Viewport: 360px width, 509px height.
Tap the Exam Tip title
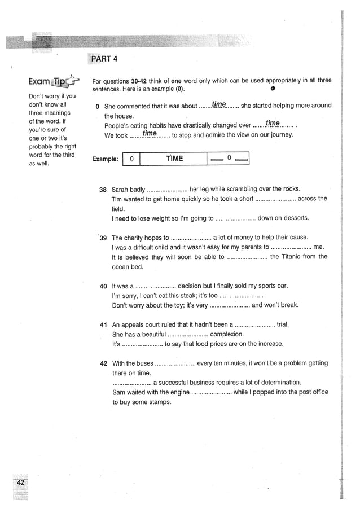click(47, 83)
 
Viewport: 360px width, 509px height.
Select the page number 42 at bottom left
click(20, 483)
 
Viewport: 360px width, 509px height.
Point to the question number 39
click(103, 238)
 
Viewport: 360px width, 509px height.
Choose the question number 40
click(103, 287)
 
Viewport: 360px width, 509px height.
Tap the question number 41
click(103, 325)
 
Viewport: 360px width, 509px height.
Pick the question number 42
click(103, 363)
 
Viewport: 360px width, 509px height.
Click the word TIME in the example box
click(174, 159)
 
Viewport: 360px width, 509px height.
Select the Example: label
click(106, 160)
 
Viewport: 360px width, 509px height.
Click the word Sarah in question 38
click(120, 190)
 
